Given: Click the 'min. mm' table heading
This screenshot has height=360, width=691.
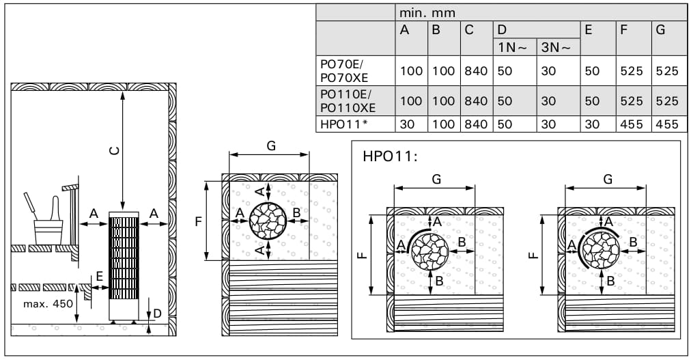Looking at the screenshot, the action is pyautogui.click(x=427, y=13).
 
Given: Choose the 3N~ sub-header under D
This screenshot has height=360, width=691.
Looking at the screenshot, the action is pyautogui.click(x=556, y=47).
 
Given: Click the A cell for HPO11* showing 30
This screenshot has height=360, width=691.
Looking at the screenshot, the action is pyautogui.click(x=407, y=124).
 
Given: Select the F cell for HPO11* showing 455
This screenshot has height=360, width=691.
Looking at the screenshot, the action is pyautogui.click(x=632, y=124).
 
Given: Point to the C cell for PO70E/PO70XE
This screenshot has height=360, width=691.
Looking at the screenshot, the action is pyautogui.click(x=476, y=71).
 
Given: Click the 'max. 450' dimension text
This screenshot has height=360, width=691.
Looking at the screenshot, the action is pyautogui.click(x=48, y=303).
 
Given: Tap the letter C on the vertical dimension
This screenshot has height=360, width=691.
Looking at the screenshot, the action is pyautogui.click(x=114, y=151).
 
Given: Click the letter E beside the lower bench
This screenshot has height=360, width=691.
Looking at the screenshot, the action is pyautogui.click(x=99, y=276).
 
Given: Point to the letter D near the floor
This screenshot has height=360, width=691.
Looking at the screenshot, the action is pyautogui.click(x=157, y=314).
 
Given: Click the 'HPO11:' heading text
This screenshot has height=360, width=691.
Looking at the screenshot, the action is pyautogui.click(x=390, y=156).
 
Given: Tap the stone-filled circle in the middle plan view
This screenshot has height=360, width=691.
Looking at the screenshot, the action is pyautogui.click(x=268, y=221).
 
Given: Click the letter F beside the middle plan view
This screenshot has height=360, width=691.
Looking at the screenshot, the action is pyautogui.click(x=198, y=221).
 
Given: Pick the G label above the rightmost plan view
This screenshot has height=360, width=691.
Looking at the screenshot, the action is pyautogui.click(x=608, y=180).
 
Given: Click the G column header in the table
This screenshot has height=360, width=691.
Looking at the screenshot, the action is pyautogui.click(x=660, y=30).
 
